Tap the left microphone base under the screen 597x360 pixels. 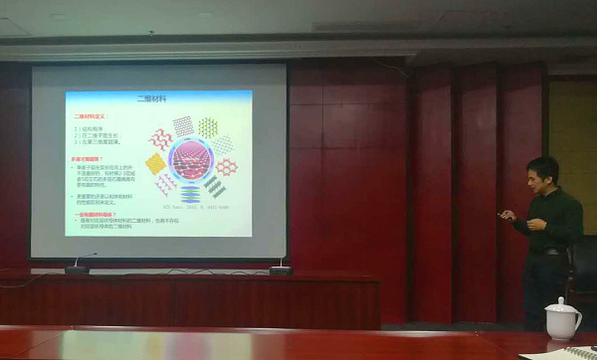pos(78,270)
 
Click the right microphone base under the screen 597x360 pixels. pos(281,269)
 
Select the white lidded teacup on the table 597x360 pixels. pos(562,320)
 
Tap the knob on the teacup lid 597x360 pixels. pos(562,300)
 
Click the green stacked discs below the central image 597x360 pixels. pos(188,196)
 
